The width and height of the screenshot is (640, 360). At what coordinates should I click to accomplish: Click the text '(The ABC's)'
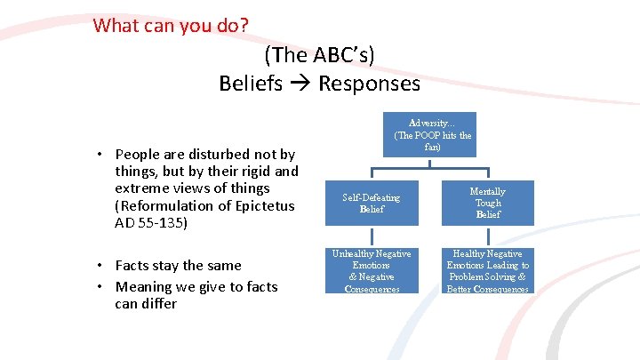[x=319, y=54]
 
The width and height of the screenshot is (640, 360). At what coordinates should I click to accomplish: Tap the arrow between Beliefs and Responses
[x=300, y=84]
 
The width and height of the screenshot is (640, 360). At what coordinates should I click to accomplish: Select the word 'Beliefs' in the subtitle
[x=251, y=84]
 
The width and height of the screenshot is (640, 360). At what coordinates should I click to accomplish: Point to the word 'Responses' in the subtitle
[x=369, y=84]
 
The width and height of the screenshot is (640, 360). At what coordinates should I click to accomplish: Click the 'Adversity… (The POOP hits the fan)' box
[x=433, y=134]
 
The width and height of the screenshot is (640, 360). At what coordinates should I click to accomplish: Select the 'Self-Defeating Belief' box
[x=372, y=203]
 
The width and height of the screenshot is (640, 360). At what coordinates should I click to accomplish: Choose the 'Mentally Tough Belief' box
[x=488, y=203]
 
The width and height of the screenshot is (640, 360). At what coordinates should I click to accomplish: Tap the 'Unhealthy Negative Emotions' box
[x=372, y=271]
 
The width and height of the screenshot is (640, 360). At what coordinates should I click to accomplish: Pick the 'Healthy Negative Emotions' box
[x=488, y=271]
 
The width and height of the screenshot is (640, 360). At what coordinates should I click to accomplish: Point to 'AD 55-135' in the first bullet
[x=151, y=223]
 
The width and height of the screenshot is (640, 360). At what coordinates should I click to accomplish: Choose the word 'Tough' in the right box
[x=488, y=203]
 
